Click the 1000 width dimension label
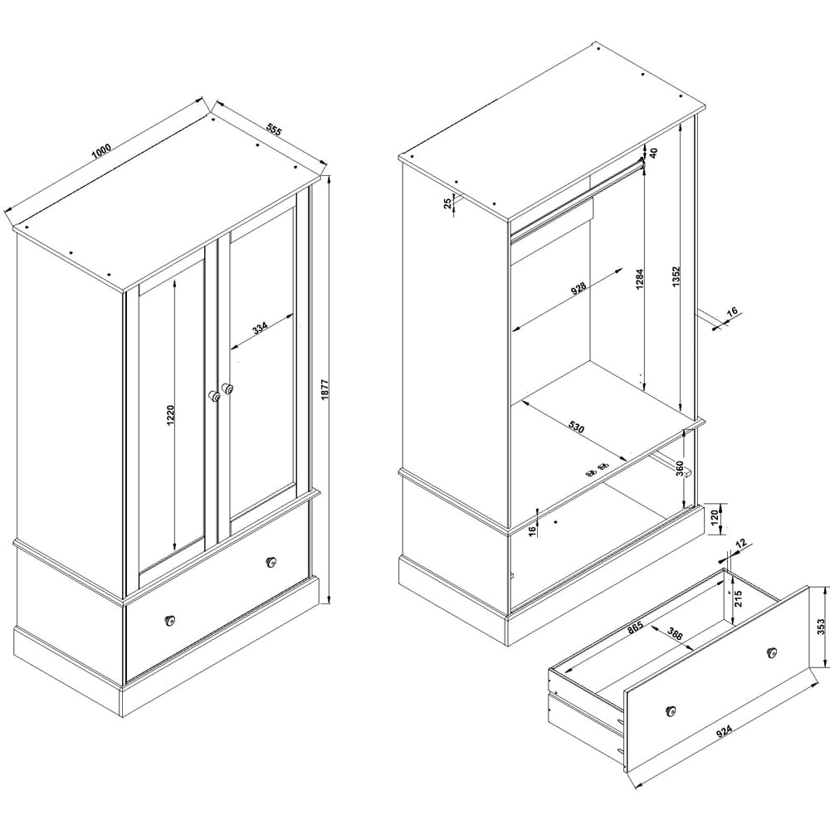(100, 151)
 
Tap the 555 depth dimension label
(274, 130)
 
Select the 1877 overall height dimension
(325, 389)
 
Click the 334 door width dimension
(260, 328)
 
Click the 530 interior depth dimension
(577, 427)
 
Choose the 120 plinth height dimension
(714, 515)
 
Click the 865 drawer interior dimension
(635, 627)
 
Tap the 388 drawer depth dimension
(675, 634)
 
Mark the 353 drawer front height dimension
(821, 627)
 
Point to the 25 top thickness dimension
(448, 203)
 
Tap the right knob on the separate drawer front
(772, 652)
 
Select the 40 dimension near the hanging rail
(653, 153)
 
